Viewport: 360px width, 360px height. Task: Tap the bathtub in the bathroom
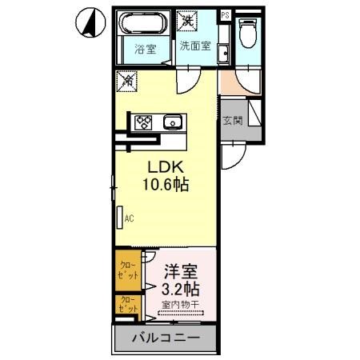[x=144, y=23]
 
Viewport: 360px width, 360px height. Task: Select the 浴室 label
[x=144, y=48]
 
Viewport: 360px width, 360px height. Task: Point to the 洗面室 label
[x=195, y=46]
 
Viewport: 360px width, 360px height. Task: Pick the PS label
[x=225, y=15]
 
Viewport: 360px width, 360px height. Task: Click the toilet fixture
[x=248, y=34]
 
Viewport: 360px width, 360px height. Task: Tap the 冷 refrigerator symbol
[x=125, y=80]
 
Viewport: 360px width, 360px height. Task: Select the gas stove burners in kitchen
[x=144, y=122]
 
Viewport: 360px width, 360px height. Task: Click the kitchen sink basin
[x=171, y=122]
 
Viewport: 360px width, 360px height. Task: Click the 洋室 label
[x=182, y=271]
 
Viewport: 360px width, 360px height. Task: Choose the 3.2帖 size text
[x=182, y=288]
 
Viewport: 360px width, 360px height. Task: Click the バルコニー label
[x=165, y=339]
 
